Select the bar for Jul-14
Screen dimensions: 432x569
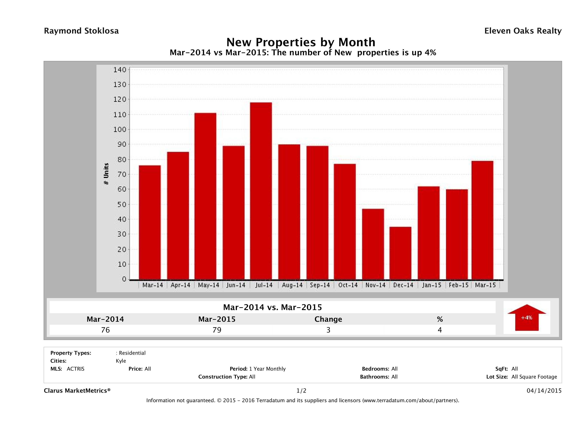[261, 191]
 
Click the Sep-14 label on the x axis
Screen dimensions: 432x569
[320, 285]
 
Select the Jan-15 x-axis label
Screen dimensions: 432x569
[431, 285]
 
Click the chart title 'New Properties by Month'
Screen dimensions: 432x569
[301, 42]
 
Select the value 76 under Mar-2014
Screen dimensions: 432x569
[105, 330]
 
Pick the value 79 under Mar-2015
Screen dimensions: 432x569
[217, 330]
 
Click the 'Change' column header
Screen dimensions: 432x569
[328, 319]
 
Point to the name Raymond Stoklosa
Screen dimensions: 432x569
[81, 31]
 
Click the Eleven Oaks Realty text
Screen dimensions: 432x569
[523, 31]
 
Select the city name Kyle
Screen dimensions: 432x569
[121, 361]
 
